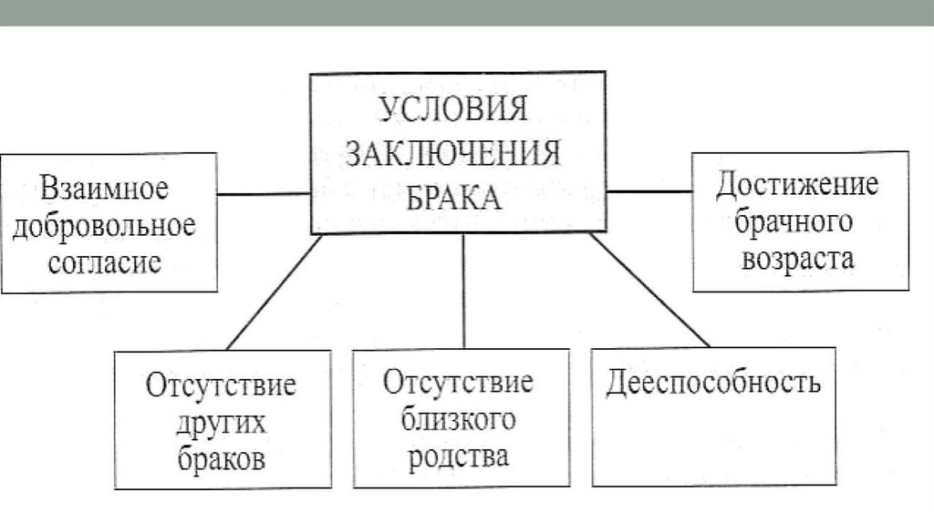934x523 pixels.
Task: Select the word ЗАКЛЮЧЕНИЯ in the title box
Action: click(x=452, y=153)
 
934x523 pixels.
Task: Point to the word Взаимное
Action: click(x=105, y=190)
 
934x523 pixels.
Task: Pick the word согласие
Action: click(x=104, y=262)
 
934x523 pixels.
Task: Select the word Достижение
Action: click(x=797, y=186)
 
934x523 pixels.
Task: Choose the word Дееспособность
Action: click(x=712, y=381)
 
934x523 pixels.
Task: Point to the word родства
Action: click(x=460, y=455)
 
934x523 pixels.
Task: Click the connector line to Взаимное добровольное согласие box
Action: click(x=264, y=193)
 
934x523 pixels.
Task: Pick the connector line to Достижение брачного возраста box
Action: click(x=649, y=191)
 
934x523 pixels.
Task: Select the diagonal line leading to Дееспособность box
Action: click(x=649, y=290)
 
